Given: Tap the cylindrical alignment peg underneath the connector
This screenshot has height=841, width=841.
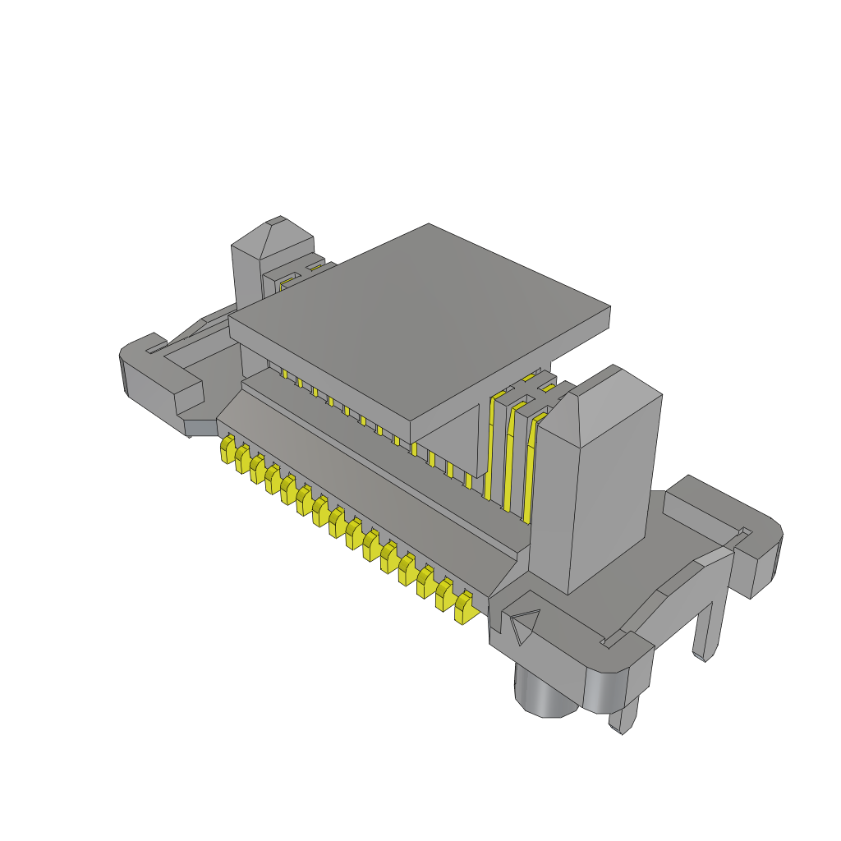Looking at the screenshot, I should [546, 692].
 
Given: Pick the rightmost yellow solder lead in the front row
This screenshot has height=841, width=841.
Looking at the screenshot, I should [464, 608].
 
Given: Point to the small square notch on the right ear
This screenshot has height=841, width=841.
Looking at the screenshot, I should [746, 532].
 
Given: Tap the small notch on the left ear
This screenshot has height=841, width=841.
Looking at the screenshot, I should [151, 351].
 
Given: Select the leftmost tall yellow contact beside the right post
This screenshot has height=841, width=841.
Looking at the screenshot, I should [493, 448].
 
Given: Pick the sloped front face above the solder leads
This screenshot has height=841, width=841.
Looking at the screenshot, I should [370, 485].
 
